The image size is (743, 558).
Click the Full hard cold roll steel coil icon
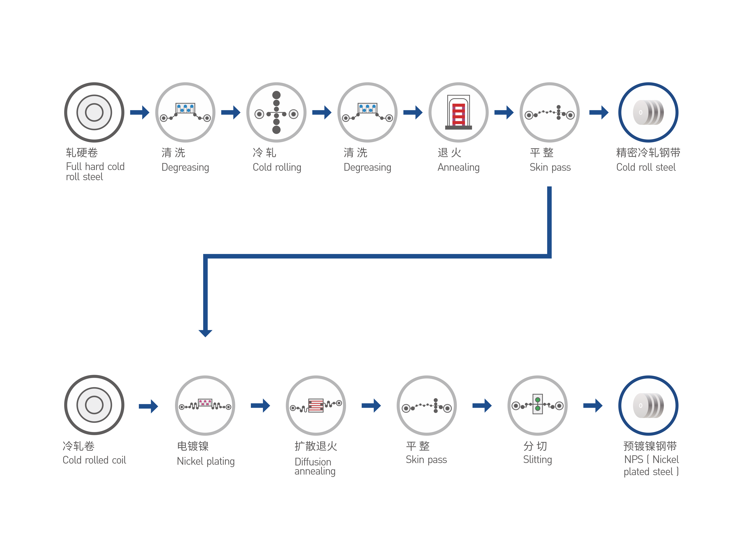click(94, 112)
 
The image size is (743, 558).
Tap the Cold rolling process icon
click(276, 112)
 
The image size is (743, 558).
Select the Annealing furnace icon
click(459, 112)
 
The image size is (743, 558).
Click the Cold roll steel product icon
click(648, 112)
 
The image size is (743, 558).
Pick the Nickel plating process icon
click(205, 405)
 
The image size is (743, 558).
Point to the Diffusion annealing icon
click(316, 405)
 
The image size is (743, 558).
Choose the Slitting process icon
click(537, 405)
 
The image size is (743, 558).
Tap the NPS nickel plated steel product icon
click(648, 405)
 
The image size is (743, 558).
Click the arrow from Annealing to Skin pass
click(504, 112)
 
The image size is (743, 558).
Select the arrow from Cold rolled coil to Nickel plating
click(148, 406)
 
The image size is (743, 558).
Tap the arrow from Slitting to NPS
click(593, 406)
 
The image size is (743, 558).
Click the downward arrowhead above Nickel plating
click(205, 333)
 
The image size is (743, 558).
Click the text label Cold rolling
click(277, 167)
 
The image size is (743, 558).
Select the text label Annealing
click(459, 167)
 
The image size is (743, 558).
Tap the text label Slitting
click(537, 459)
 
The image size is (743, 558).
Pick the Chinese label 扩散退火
click(316, 446)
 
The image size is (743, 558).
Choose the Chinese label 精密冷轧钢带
click(648, 153)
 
